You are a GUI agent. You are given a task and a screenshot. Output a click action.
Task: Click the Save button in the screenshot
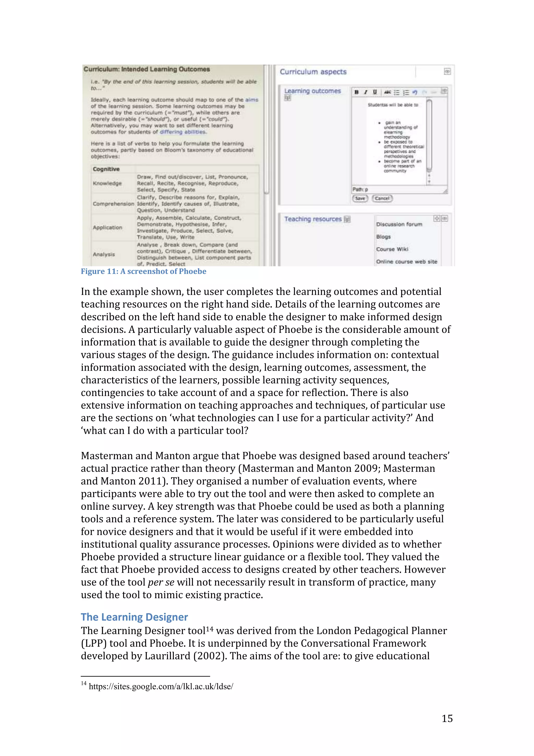(360, 198)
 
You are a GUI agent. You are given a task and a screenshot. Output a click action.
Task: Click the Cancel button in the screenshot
(382, 198)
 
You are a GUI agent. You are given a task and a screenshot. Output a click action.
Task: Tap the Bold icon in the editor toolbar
(356, 92)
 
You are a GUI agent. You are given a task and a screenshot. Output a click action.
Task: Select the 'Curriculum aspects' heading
(313, 72)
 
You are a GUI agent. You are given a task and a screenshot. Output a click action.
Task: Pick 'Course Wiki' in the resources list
(392, 249)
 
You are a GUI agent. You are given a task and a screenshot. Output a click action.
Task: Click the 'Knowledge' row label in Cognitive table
(107, 183)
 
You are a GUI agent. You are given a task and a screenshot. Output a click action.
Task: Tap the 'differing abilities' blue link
(183, 132)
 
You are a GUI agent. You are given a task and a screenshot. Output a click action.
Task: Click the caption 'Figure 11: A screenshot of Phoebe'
(143, 271)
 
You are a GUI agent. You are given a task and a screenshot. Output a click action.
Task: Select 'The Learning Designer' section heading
(134, 617)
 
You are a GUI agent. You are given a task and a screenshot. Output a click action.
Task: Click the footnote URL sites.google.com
(161, 687)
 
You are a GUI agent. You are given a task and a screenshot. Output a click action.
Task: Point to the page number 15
(447, 718)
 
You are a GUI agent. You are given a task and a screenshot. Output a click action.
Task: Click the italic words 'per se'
(161, 583)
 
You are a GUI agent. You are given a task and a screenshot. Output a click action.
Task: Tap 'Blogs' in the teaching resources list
(383, 237)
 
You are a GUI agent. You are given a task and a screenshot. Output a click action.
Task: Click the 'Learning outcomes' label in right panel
(312, 91)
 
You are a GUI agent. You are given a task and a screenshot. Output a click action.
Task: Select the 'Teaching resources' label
(313, 219)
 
